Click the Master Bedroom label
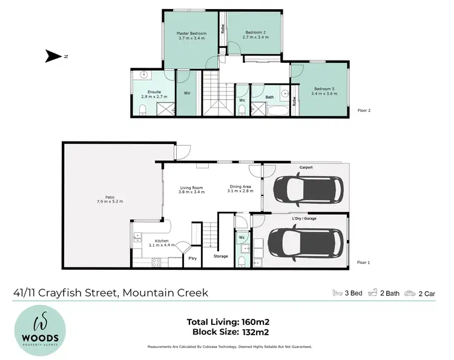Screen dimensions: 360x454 [x=191, y=33]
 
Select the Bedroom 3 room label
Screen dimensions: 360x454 [x=323, y=90]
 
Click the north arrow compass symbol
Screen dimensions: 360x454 [x=54, y=57]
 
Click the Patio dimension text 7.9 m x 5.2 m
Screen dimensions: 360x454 [x=109, y=201]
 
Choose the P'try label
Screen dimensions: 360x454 [x=192, y=259]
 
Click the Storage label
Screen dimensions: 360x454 [x=221, y=257]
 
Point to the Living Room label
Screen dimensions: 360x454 [x=191, y=187]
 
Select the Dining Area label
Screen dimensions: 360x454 [x=240, y=187]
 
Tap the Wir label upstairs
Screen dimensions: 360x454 [x=187, y=93]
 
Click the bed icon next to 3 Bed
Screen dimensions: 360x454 [x=338, y=293]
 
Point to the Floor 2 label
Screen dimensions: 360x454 [x=364, y=111]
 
